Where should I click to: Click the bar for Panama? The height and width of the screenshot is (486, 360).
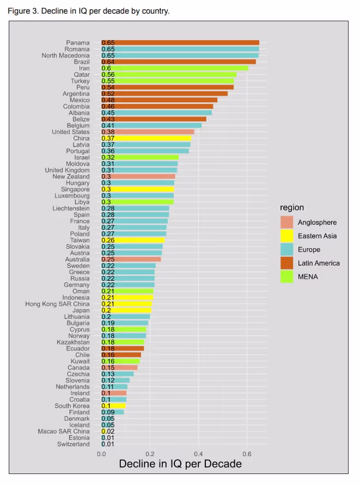(x=180, y=42)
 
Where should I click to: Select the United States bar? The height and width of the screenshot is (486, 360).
(x=154, y=132)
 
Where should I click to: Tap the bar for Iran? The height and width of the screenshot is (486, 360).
(x=174, y=68)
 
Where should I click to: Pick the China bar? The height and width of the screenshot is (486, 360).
(x=151, y=138)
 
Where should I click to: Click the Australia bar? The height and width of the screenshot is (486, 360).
(x=131, y=259)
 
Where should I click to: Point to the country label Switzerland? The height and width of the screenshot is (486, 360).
(x=73, y=444)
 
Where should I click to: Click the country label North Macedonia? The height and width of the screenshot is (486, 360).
(x=65, y=56)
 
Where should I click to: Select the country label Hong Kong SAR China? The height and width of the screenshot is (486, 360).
(x=57, y=304)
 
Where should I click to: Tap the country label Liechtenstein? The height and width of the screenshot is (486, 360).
(x=71, y=208)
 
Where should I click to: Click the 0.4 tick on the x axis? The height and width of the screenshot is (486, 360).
(x=198, y=453)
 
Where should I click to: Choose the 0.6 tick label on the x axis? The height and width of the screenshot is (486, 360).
(x=247, y=453)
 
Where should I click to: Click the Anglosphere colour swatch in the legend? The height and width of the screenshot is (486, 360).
(x=286, y=222)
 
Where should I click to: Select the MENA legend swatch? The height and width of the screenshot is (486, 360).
(x=286, y=276)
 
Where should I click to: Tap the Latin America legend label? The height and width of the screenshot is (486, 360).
(x=319, y=263)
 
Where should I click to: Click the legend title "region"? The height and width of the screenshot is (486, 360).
(x=292, y=207)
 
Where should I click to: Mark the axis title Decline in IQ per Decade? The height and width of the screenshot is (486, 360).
(x=180, y=464)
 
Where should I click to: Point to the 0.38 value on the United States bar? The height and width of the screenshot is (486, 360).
(x=108, y=132)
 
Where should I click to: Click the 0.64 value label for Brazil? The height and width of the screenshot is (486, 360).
(x=108, y=61)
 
